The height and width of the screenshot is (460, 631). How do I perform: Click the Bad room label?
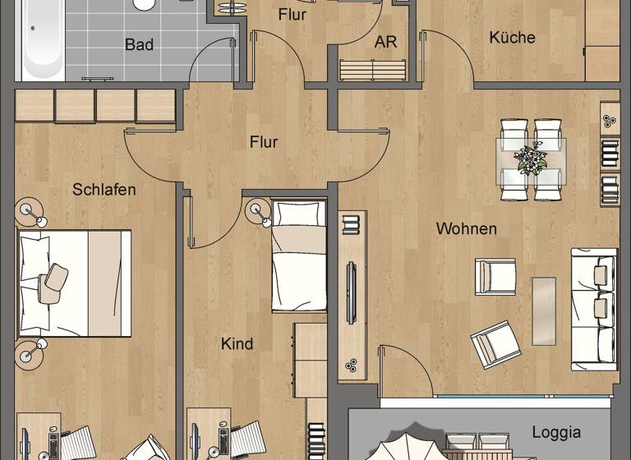139,44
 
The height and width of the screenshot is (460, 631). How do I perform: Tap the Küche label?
512,37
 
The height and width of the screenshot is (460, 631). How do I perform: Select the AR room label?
385,42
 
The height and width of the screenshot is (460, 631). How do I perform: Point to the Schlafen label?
104,190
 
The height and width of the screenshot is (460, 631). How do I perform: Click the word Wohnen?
466,228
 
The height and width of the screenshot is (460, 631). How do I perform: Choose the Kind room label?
237,343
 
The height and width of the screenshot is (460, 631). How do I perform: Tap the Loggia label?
556,432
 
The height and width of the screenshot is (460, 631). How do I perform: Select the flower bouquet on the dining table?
531,158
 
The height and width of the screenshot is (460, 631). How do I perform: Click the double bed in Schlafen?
74,283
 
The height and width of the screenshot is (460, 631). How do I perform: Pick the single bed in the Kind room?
300,255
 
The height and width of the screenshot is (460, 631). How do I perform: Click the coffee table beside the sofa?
543,310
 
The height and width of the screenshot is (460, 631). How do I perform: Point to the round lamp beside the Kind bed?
258,211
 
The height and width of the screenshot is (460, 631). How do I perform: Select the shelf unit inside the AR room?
373,70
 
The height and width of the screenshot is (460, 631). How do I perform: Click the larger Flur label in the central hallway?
264,142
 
